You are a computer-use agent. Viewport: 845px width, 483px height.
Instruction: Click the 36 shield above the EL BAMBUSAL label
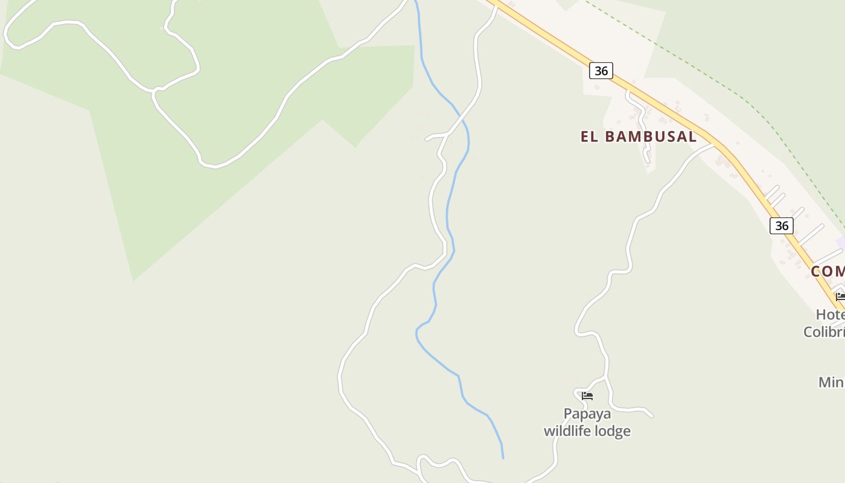(x=601, y=71)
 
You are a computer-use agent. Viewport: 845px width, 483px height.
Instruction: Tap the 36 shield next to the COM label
(x=782, y=226)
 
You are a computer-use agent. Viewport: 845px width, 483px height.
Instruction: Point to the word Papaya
(x=587, y=414)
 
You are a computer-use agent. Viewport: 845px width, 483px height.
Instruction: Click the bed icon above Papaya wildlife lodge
(x=587, y=396)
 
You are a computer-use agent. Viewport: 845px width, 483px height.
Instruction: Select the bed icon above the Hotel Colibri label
(x=840, y=296)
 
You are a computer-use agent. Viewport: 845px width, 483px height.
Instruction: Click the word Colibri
(x=824, y=331)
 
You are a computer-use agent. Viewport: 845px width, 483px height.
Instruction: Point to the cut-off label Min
(x=831, y=382)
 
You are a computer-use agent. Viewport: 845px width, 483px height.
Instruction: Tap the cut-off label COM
(x=827, y=271)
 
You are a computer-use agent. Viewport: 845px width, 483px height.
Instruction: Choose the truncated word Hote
(x=830, y=315)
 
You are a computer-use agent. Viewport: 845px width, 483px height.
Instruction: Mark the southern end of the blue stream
(x=503, y=458)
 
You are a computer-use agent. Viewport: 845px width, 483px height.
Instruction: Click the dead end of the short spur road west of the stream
(x=427, y=139)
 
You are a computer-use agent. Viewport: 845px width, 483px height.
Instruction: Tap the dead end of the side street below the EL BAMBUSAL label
(x=648, y=161)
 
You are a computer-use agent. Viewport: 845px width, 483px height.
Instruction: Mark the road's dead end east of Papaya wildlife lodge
(x=652, y=416)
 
